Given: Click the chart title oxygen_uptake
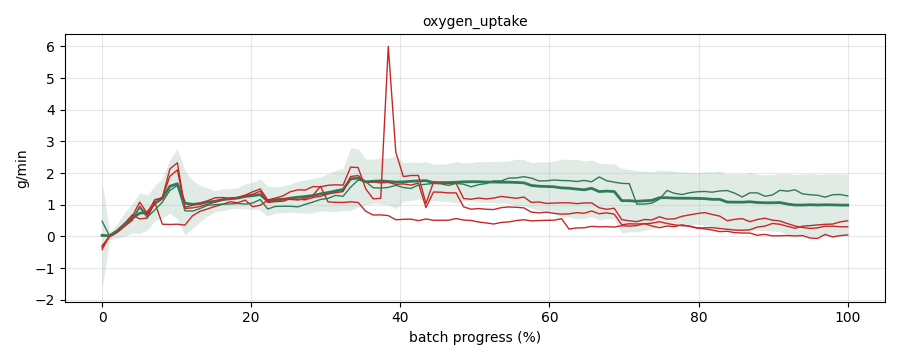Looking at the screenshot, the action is click(x=475, y=22).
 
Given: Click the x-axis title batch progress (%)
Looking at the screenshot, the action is click(x=475, y=338).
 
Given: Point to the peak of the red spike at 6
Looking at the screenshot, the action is click(x=389, y=47).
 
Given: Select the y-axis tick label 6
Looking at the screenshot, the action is click(x=55, y=47).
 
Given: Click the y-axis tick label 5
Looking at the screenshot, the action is click(x=55, y=78).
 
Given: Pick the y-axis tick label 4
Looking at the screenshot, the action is click(x=55, y=110).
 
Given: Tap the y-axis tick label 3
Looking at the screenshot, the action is click(x=55, y=142).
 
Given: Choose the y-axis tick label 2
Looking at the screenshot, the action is click(x=55, y=173).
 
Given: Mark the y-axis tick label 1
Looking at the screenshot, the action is click(x=55, y=205).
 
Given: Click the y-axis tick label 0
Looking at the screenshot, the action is click(x=55, y=237).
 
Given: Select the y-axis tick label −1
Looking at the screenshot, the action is click(x=51, y=269).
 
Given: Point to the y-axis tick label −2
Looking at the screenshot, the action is click(x=51, y=300).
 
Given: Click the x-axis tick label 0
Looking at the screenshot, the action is click(x=102, y=316).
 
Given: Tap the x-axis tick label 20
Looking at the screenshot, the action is click(x=251, y=316).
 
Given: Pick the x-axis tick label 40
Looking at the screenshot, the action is click(x=401, y=316).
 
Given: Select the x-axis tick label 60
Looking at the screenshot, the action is click(x=550, y=316).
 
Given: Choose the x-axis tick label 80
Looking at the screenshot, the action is click(x=699, y=316).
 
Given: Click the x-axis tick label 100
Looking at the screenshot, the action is click(x=848, y=316).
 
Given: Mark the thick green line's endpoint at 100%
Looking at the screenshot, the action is click(x=848, y=205).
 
